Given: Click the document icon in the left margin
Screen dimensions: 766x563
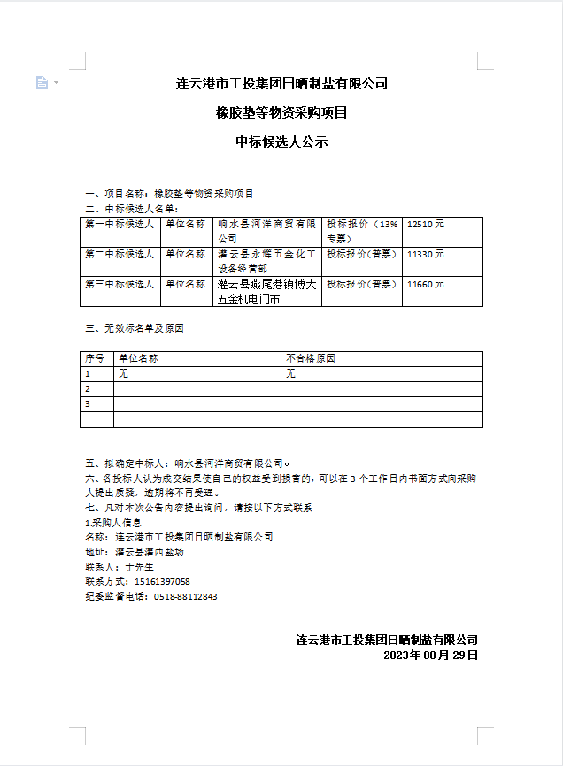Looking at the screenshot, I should tap(42, 82).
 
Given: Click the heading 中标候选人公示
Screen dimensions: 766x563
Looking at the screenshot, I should tap(281, 142).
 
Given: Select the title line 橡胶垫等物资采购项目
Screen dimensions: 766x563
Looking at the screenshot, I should tap(281, 112).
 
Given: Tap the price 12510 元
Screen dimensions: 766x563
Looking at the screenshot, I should tap(426, 225).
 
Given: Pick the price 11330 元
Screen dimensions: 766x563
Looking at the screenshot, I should tap(426, 254).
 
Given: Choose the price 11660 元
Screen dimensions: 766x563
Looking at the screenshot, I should tap(426, 284).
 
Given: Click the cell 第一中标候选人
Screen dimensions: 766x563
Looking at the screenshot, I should tap(120, 225).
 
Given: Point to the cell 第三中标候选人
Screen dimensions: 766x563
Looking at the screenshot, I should tap(120, 284).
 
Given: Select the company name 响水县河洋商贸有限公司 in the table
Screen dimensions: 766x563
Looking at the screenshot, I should tap(266, 232).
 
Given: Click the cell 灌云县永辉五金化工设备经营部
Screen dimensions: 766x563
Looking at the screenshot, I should tap(266, 261).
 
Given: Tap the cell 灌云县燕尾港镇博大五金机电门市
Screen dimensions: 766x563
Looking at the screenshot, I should tap(266, 292).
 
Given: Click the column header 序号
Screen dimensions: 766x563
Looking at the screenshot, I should tap(95, 359).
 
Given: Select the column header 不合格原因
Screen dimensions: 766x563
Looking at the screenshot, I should tap(311, 359).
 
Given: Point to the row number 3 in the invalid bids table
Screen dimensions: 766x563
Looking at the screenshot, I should tap(88, 404).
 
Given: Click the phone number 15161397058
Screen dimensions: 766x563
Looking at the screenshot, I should tap(161, 581).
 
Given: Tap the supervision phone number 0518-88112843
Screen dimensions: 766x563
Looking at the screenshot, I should tap(185, 596).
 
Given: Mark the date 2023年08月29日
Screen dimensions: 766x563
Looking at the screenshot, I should tap(430, 655).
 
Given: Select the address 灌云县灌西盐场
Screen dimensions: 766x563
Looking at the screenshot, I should tap(150, 551).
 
